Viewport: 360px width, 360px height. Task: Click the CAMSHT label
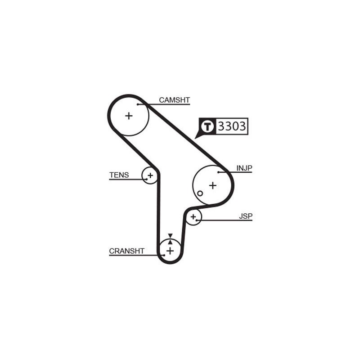click(x=175, y=100)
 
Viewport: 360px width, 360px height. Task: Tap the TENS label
click(x=119, y=175)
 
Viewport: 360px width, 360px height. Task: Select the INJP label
click(x=244, y=168)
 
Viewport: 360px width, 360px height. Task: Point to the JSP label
click(x=246, y=216)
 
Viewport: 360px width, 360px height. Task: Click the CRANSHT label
click(x=127, y=251)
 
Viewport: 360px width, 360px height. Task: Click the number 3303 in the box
click(x=232, y=126)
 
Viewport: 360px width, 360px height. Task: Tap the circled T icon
click(x=207, y=126)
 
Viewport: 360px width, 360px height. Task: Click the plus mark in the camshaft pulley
click(x=129, y=116)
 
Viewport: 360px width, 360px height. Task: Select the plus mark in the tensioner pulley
click(x=150, y=175)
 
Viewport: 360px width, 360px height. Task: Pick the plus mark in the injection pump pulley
click(x=213, y=185)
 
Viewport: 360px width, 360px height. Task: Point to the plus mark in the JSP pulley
click(x=193, y=216)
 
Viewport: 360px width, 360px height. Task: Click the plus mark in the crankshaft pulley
click(x=170, y=251)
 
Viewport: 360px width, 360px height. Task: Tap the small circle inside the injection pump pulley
click(x=200, y=193)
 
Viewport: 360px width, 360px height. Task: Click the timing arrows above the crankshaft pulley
click(x=170, y=239)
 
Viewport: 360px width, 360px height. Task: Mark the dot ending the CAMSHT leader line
click(x=138, y=104)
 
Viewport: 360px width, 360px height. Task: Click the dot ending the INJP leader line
click(x=219, y=172)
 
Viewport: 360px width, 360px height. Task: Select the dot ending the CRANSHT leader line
click(x=164, y=255)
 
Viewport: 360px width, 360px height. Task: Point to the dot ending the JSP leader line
click(x=197, y=220)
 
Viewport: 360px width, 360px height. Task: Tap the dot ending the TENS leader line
click(x=147, y=179)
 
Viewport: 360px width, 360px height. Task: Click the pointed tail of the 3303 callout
click(x=195, y=139)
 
